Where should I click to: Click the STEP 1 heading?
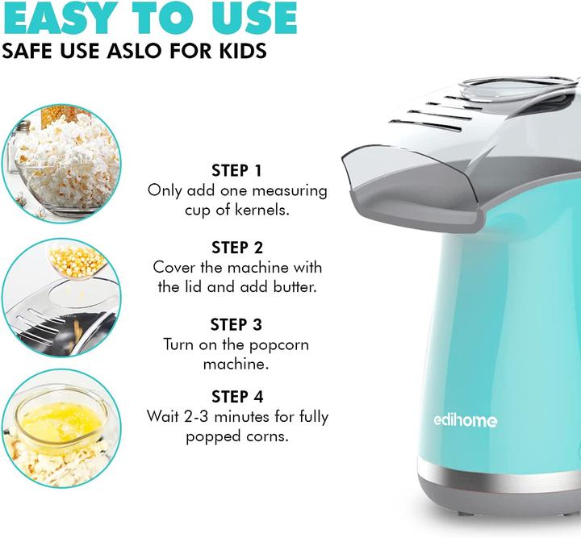pos(236,170)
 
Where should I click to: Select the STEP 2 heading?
pos(236,247)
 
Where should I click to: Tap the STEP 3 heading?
pos(236,324)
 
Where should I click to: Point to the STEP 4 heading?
pos(236,396)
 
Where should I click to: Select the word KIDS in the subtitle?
pos(236,51)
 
